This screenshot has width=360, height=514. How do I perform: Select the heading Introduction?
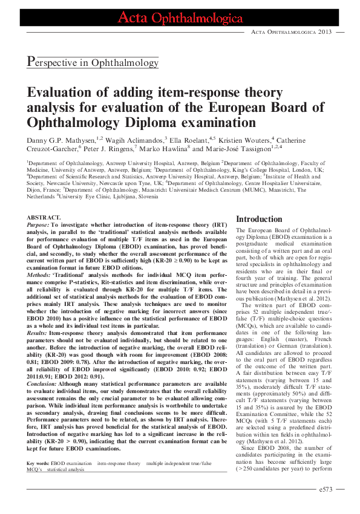258,219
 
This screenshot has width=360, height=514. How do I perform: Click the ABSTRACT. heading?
44,217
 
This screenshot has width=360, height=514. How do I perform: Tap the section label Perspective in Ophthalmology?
93,61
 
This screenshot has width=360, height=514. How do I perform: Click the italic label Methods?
39,274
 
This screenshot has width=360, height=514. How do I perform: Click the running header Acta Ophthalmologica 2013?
291,31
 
